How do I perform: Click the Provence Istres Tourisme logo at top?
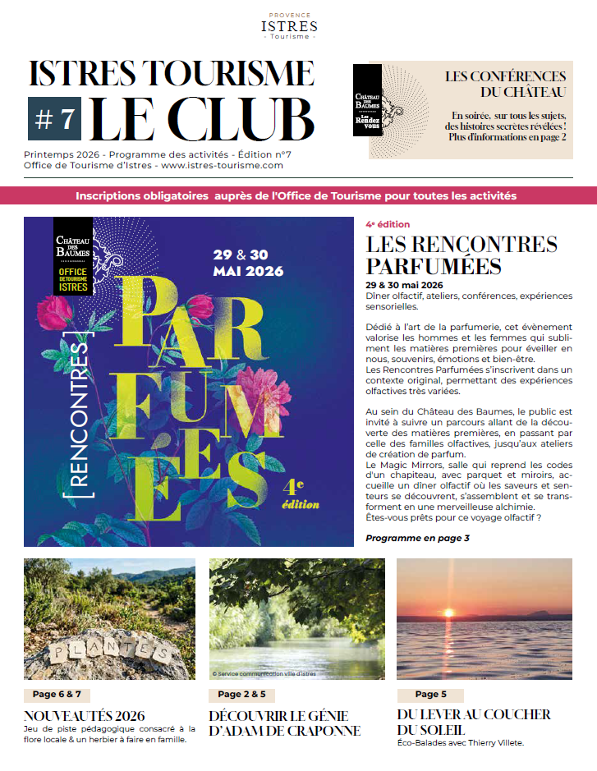point(289,26)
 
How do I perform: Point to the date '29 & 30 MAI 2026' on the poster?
point(248,263)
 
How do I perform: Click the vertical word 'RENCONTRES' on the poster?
point(80,419)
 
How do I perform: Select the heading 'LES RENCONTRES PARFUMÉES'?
point(462,255)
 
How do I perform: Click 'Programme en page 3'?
point(417,539)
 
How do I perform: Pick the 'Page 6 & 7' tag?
point(56,695)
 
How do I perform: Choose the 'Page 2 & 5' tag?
point(241,695)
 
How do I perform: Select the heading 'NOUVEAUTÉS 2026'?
point(85,715)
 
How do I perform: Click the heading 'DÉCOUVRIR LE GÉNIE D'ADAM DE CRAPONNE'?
point(285,723)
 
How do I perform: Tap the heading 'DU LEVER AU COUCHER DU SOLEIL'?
point(474,722)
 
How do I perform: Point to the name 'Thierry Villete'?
point(495,743)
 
